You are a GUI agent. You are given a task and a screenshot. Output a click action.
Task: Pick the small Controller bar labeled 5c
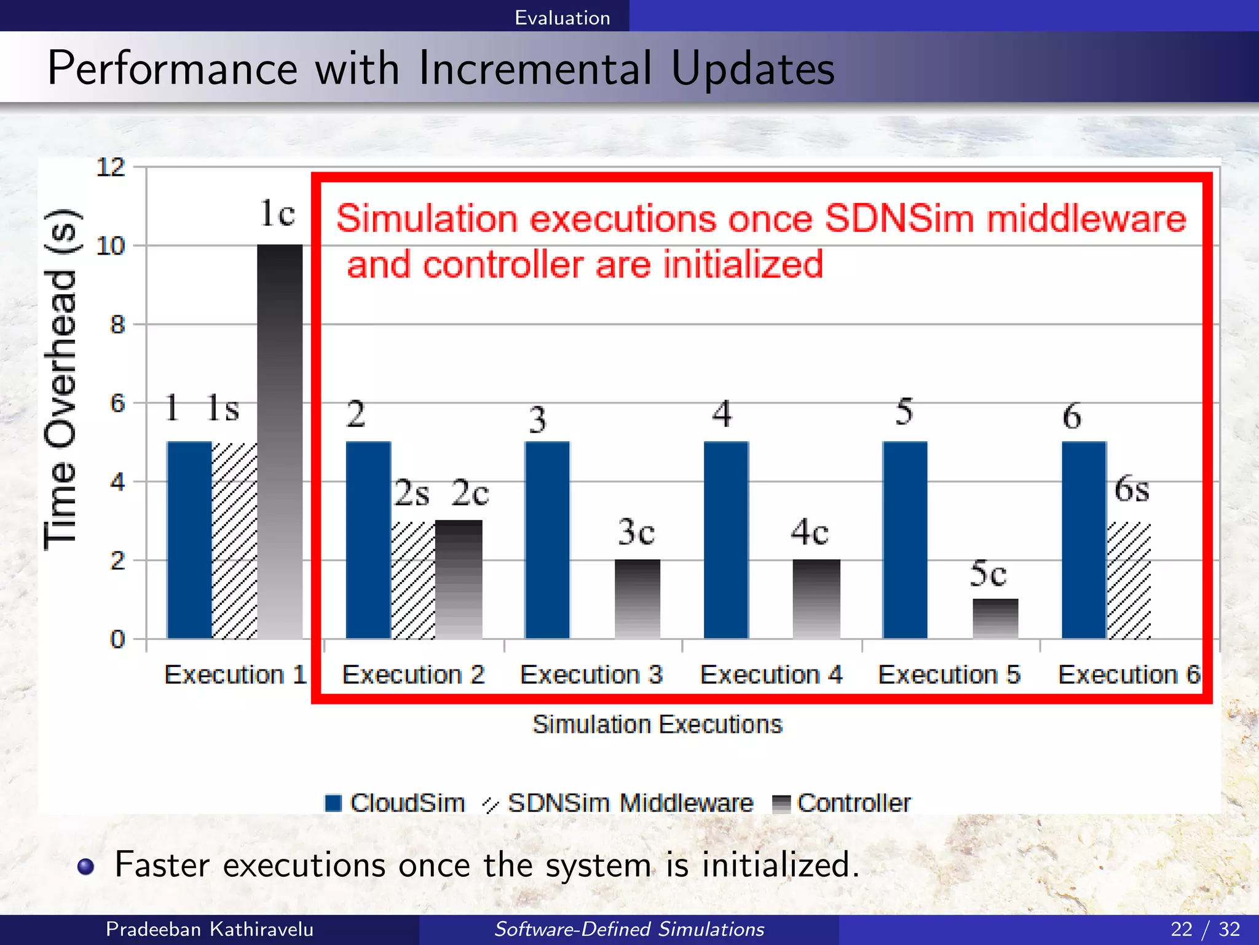[x=995, y=618]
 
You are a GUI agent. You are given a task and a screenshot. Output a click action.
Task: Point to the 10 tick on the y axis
[x=111, y=246]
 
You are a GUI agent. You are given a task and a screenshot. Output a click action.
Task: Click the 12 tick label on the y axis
[x=111, y=167]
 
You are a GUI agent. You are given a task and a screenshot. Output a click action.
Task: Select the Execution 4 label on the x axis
[x=771, y=675]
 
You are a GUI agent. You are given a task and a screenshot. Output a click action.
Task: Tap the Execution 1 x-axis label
[x=235, y=675]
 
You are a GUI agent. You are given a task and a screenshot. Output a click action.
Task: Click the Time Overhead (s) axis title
[x=61, y=378]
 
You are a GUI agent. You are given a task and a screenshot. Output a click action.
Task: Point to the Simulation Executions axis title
[x=657, y=724]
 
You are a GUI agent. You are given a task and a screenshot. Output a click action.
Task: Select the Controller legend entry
[x=842, y=803]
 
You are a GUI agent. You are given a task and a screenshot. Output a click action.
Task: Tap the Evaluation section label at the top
[x=562, y=17]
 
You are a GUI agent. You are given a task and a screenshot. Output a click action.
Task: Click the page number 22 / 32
[x=1205, y=929]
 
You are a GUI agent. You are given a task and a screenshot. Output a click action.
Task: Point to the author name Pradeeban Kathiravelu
[x=209, y=929]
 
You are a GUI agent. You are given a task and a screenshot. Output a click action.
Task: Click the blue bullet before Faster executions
[x=86, y=866]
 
